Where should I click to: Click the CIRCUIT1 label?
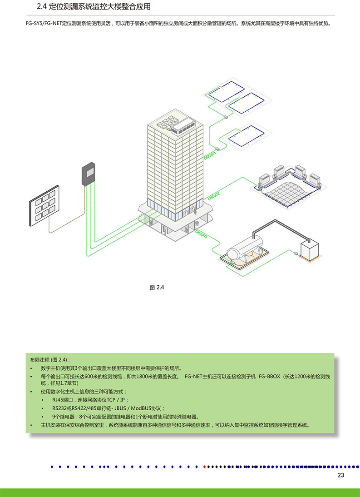tap(210, 155)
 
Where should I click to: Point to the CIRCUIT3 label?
tap(202, 234)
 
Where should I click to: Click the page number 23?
tap(340, 475)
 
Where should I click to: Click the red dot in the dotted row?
tap(205, 467)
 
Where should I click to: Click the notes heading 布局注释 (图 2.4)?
tap(49, 360)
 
